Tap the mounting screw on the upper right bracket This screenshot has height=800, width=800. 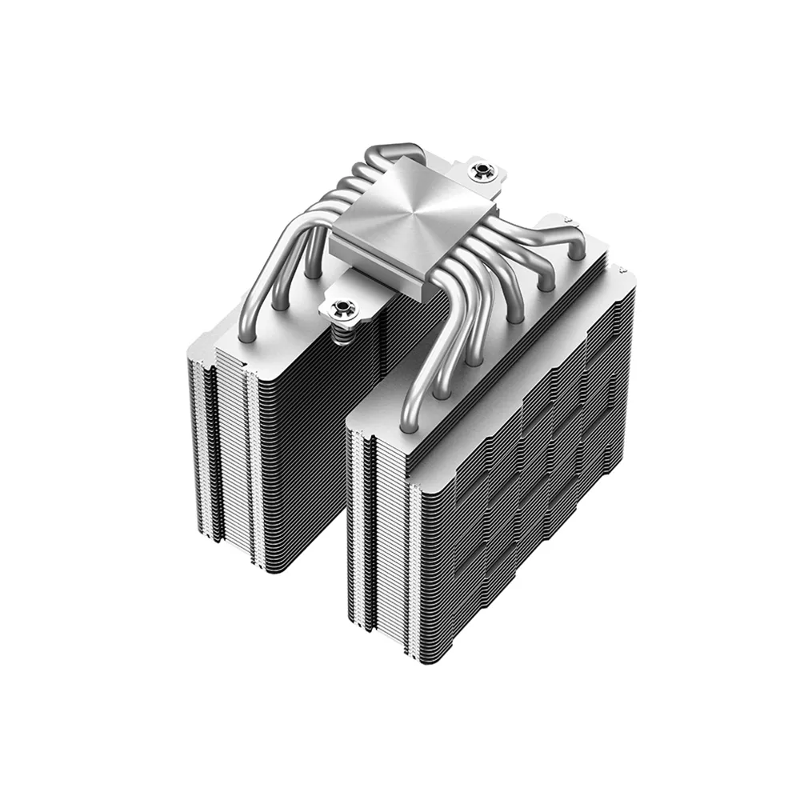[x=482, y=170]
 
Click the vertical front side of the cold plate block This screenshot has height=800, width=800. [x=376, y=272]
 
